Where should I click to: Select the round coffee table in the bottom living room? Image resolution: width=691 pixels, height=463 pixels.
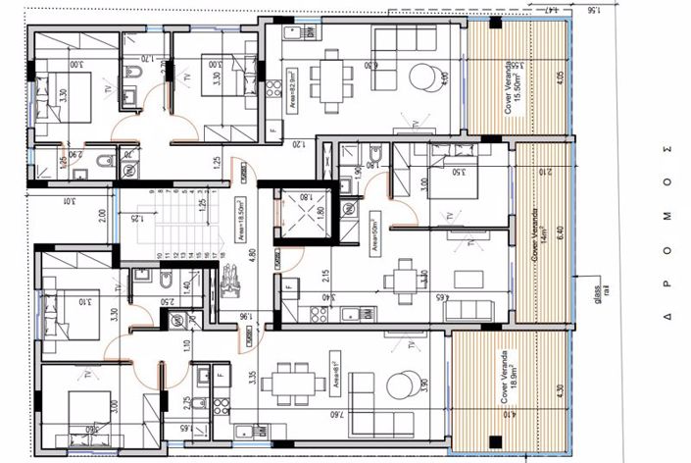(x=403, y=384)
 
